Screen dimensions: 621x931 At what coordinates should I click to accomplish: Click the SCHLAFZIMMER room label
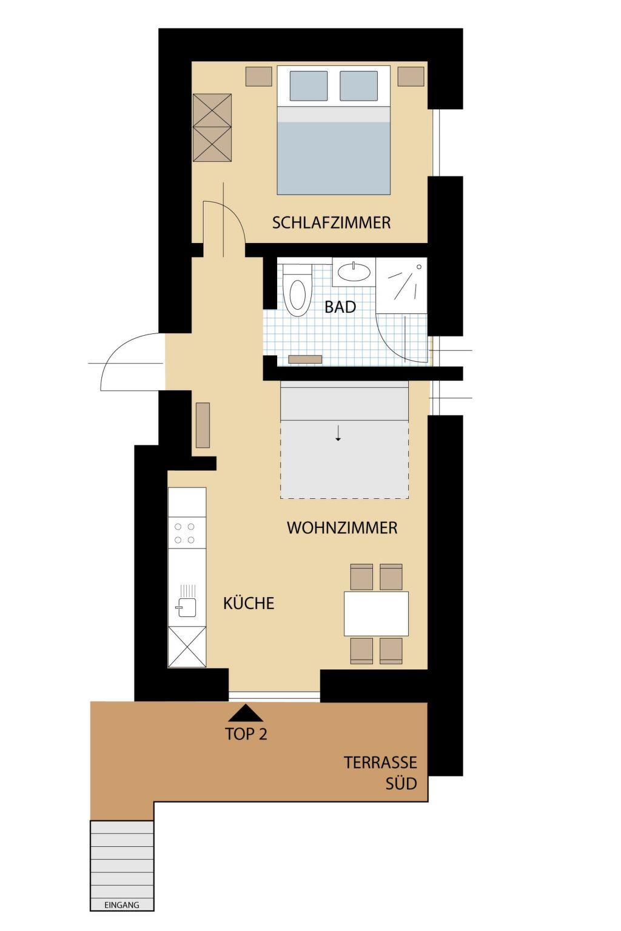click(331, 223)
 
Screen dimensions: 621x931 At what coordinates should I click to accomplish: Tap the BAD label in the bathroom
click(340, 307)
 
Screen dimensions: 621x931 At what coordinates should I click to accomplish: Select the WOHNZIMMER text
click(342, 528)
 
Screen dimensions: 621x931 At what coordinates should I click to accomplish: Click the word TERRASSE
click(380, 762)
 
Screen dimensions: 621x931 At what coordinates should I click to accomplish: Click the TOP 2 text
click(246, 734)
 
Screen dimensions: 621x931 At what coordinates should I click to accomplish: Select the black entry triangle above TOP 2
click(246, 713)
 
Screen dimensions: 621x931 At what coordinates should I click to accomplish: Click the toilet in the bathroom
click(297, 290)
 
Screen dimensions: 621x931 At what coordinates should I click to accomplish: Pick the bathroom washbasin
click(354, 272)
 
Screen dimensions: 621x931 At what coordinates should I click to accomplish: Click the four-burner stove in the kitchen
click(187, 533)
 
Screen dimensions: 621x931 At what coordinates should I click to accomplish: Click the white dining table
click(376, 613)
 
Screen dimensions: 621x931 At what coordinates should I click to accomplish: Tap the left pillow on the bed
click(308, 85)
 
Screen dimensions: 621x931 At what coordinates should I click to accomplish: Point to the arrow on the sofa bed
click(338, 433)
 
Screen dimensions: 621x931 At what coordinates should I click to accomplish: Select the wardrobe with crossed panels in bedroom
click(212, 128)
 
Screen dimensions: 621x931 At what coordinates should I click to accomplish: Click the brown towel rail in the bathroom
click(306, 359)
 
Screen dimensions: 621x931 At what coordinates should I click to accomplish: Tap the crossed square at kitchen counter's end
click(187, 647)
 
